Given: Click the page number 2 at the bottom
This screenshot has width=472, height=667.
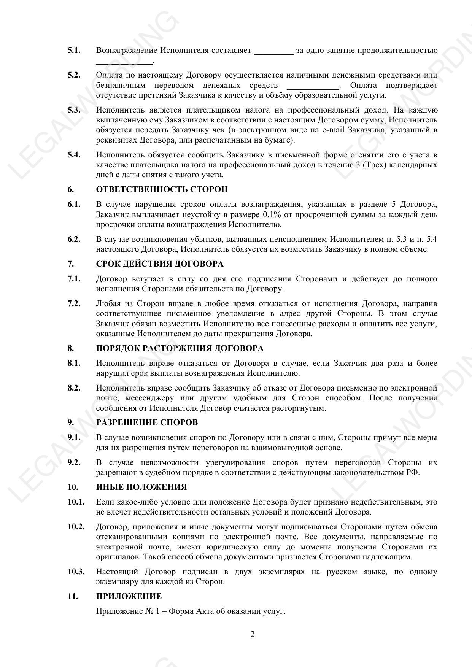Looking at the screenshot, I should click(x=253, y=634).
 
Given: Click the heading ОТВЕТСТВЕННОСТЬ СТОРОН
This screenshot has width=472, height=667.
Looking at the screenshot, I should click(x=162, y=189).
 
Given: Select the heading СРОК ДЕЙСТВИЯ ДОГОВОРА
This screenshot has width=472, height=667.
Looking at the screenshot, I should click(x=160, y=264).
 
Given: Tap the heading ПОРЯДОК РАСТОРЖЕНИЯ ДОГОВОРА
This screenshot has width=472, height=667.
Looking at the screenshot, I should click(x=180, y=348).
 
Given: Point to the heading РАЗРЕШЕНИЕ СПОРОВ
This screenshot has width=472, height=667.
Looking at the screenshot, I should click(x=147, y=422).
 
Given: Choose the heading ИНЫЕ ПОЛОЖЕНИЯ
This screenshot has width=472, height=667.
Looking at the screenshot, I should click(x=141, y=487).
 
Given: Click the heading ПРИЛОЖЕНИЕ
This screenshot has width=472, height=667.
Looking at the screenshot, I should click(x=129, y=596).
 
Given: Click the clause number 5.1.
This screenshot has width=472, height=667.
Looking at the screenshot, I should click(x=74, y=50).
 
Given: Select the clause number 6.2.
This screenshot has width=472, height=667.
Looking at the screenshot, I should click(x=74, y=239).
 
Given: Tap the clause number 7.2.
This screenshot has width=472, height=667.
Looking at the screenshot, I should click(x=74, y=303).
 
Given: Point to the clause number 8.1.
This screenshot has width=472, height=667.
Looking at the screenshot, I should click(x=74, y=363).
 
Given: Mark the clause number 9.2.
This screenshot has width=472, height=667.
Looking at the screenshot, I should click(x=74, y=462).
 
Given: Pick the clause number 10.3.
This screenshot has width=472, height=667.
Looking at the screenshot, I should click(x=76, y=572).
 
